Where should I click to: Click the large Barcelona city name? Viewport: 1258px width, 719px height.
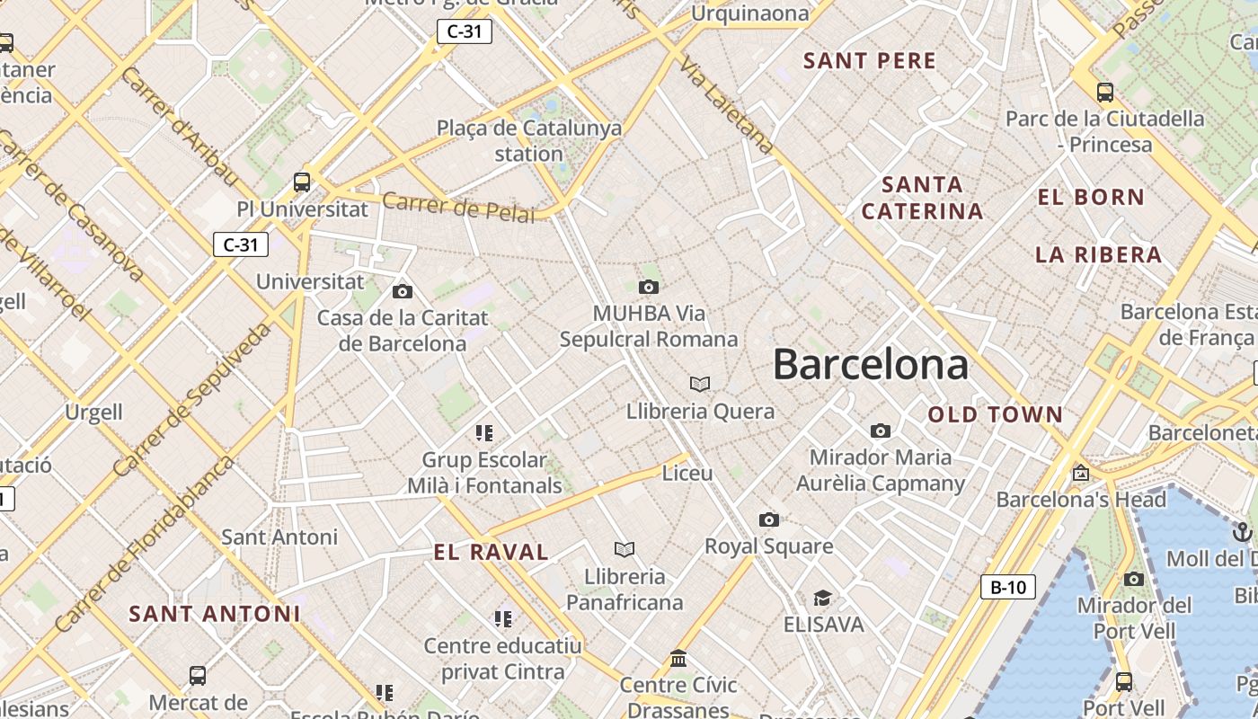tap(870, 365)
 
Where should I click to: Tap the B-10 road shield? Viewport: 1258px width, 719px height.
tap(1007, 588)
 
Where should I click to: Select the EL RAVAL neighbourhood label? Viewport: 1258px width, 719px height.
tap(491, 552)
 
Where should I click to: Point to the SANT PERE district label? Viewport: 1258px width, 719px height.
tap(870, 61)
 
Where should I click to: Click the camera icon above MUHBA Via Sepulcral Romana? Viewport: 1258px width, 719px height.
tap(648, 287)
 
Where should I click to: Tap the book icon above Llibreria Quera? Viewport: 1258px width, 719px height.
tap(700, 385)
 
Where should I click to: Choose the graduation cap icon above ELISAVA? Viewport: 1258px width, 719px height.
tap(822, 598)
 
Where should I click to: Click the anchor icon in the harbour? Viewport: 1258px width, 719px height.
tap(1244, 531)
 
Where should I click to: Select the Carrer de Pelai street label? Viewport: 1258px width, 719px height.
tap(458, 207)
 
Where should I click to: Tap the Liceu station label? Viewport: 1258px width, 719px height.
tap(687, 473)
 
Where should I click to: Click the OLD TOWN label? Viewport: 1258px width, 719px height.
tap(996, 414)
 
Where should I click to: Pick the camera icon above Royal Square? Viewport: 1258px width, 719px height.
tap(768, 519)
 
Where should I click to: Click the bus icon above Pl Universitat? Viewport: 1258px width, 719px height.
tap(302, 182)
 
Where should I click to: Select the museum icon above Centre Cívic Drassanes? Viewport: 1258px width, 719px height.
tap(678, 659)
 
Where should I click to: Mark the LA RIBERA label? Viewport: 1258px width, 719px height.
tap(1098, 254)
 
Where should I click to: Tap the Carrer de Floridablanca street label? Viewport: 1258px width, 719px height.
tap(144, 544)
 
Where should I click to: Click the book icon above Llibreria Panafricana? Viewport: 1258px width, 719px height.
tap(625, 549)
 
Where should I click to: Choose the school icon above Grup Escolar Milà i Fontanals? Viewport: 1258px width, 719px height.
tap(485, 433)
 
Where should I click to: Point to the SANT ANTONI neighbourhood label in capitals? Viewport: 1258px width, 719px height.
tap(214, 614)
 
